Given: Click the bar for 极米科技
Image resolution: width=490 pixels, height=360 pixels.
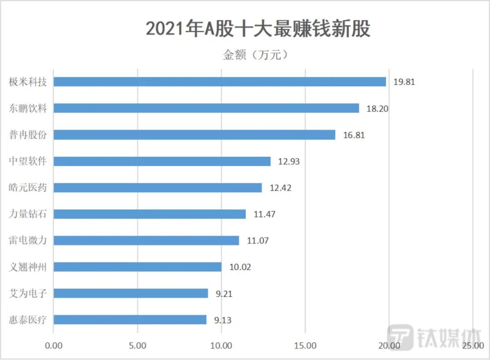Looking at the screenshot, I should click(x=220, y=82).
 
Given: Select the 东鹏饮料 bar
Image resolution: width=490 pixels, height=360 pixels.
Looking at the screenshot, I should click(x=206, y=108).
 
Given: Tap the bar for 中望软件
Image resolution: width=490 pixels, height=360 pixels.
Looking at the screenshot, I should click(x=162, y=161).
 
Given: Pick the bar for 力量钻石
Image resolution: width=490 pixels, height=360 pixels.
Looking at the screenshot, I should click(x=150, y=214).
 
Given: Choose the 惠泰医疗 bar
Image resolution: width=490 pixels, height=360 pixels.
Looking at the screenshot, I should click(x=130, y=320).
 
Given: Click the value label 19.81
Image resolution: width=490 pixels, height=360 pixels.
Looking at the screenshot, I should click(x=404, y=82).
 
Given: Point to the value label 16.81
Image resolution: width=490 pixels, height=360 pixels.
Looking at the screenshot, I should click(x=353, y=135).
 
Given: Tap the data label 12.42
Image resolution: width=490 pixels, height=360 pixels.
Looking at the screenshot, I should click(x=280, y=188).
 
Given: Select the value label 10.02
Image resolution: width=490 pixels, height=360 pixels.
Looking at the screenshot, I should click(x=240, y=267).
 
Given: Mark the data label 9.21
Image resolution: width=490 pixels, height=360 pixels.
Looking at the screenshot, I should click(x=224, y=293).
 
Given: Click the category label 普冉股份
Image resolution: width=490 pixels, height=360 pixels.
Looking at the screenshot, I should click(x=28, y=135).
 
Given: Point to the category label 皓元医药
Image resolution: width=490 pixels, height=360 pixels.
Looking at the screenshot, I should click(x=28, y=188).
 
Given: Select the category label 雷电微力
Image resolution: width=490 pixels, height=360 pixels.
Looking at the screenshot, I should click(x=28, y=240).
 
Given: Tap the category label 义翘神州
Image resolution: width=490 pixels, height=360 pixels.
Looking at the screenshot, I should click(x=28, y=267).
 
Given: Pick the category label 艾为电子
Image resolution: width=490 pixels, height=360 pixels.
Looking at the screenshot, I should click(x=28, y=293).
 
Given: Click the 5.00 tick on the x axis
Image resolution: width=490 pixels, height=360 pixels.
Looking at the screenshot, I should click(x=137, y=345).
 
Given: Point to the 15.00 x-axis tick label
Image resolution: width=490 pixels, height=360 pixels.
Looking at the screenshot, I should click(x=305, y=345).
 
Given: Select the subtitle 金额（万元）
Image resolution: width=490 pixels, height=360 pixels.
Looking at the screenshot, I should click(x=256, y=55).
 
